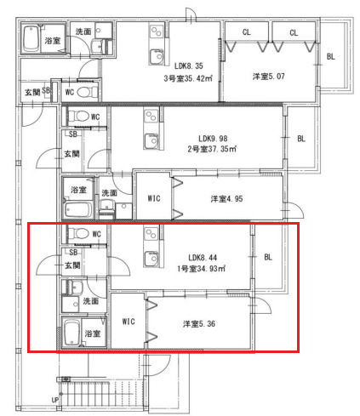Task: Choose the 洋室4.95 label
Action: [227, 199]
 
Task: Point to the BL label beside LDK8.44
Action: [268, 256]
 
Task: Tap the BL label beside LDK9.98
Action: [300, 139]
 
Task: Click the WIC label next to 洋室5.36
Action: [129, 322]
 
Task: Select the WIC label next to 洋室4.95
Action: [153, 199]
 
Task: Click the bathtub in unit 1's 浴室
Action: [71, 333]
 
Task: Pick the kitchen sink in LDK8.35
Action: [156, 56]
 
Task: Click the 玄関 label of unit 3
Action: [31, 91]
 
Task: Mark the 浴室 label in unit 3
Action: [52, 40]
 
